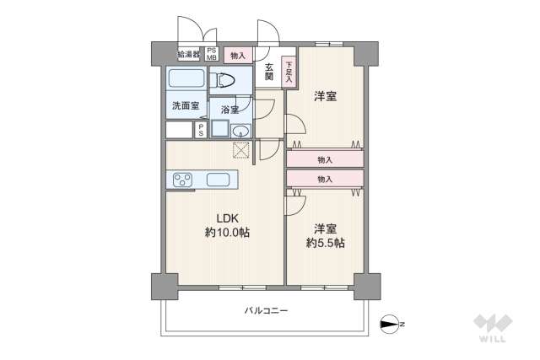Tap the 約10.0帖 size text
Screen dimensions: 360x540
[226, 232]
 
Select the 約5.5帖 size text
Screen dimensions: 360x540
[326, 243]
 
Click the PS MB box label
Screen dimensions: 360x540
[211, 55]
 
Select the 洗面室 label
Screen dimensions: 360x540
[185, 106]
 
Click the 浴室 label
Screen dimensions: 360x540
[230, 110]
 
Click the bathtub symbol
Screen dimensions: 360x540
[186, 79]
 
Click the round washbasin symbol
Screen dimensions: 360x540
[240, 130]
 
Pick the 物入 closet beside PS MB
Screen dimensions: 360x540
[238, 56]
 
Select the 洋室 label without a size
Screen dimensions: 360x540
[326, 96]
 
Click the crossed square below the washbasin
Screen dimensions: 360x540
[242, 150]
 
